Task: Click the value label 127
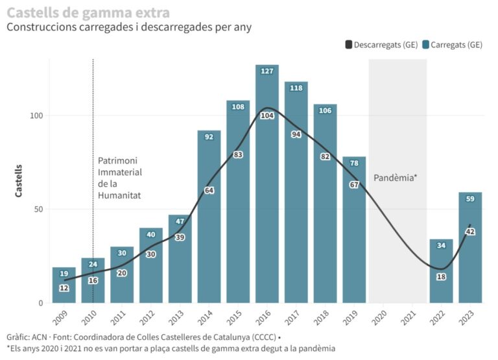(267, 71)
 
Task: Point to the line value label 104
(267, 115)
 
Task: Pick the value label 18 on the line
(441, 277)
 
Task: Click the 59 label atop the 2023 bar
(470, 198)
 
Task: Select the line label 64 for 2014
(209, 190)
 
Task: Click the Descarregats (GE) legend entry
(381, 45)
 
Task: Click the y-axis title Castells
(20, 180)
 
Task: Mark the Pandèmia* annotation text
(395, 177)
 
